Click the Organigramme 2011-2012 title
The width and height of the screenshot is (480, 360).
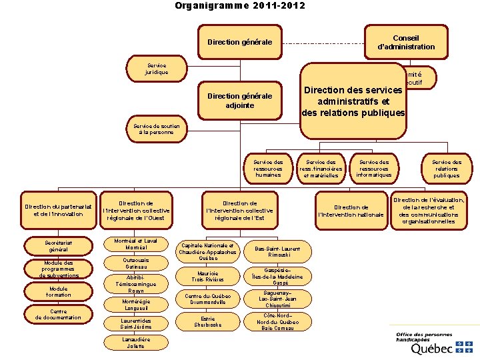tap(240, 6)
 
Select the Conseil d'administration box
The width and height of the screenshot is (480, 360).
tap(405, 42)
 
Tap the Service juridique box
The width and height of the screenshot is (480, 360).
tap(157, 68)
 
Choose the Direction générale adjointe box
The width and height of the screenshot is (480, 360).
tap(239, 101)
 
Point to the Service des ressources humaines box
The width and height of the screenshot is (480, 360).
tap(268, 168)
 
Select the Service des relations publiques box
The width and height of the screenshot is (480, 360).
tap(447, 168)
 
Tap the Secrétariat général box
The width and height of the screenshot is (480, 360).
tap(58, 245)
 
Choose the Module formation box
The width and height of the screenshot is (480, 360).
tap(58, 291)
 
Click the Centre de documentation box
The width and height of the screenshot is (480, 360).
tap(58, 314)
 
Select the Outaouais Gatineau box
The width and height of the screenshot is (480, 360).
tap(136, 263)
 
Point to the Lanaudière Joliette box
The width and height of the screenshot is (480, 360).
tap(136, 343)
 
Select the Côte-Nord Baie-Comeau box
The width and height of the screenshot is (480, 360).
tap(277, 321)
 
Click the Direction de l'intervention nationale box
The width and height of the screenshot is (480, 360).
tap(352, 211)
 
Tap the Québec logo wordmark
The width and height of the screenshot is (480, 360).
tap(434, 348)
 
